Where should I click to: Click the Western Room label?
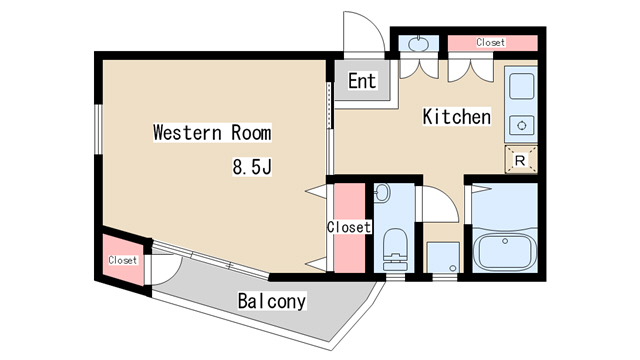[x=212, y=133]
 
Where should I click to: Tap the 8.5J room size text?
[x=252, y=167]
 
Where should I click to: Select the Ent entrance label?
[x=362, y=81]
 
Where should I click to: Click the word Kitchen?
[x=456, y=117]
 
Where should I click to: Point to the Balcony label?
[x=272, y=301]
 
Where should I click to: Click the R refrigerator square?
[x=520, y=160]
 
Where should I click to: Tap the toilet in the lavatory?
[x=396, y=249]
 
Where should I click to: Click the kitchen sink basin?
[x=521, y=86]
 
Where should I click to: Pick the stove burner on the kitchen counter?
[x=521, y=125]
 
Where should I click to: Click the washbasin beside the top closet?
[x=418, y=44]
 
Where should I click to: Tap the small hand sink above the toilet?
[x=381, y=193]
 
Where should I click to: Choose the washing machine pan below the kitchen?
[x=443, y=258]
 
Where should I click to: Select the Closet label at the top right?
[x=491, y=42]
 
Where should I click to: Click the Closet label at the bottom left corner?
[x=122, y=260]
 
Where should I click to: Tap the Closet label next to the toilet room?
[x=349, y=227]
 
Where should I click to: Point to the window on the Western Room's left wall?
[x=98, y=129]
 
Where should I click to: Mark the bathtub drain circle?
[x=505, y=241]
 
